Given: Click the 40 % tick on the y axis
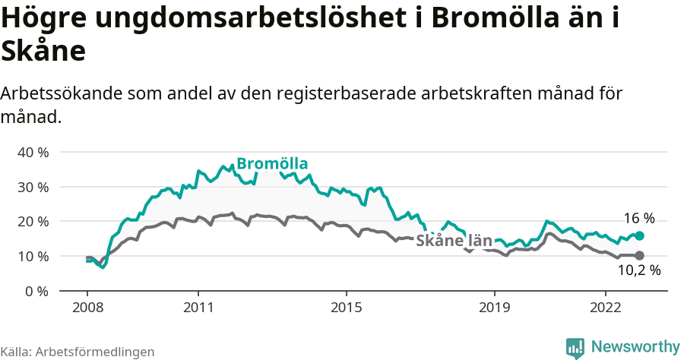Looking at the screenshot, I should [x=33, y=152].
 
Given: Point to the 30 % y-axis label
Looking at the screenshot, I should [x=33, y=187].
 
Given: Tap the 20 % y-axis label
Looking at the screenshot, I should [x=33, y=221].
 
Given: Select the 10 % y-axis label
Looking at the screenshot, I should [x=33, y=256].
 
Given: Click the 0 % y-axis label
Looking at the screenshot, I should [x=36, y=291].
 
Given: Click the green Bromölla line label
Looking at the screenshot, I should [x=271, y=164].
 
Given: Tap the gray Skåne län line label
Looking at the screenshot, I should [x=454, y=238].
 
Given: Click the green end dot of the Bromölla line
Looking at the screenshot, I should [x=639, y=235].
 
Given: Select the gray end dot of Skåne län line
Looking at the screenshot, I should [x=639, y=256].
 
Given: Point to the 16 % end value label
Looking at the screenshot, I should [x=638, y=218].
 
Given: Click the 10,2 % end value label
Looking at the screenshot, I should [x=638, y=270].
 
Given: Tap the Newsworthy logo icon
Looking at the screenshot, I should [x=575, y=348].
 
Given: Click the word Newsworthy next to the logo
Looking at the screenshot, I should [x=635, y=347].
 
